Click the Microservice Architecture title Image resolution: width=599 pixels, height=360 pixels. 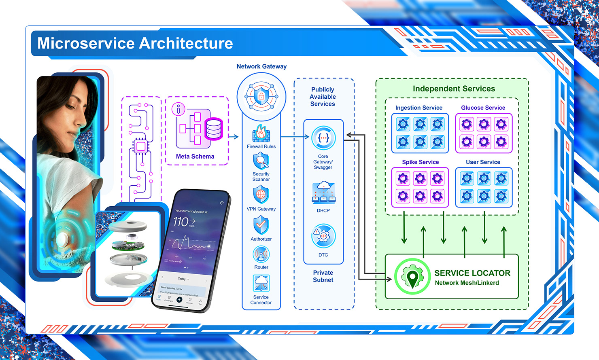[135, 43]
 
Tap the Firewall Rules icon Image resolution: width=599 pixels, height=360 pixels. [261, 133]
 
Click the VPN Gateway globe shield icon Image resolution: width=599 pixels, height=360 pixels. [261, 195]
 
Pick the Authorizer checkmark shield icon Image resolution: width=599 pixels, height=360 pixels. [261, 225]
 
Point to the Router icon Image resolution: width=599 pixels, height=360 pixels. [261, 254]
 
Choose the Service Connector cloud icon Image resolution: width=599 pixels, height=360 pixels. [261, 283]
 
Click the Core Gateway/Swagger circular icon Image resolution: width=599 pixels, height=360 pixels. [323, 138]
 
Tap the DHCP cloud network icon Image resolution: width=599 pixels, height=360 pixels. [323, 193]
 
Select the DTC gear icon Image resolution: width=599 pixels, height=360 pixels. [323, 236]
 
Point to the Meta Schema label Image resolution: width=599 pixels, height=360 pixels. [195, 157]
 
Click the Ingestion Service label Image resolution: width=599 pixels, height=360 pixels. [419, 108]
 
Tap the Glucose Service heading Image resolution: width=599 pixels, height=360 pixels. [483, 108]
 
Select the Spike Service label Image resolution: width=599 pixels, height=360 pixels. [420, 162]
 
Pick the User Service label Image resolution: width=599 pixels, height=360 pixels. [483, 162]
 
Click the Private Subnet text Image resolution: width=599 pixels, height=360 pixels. [323, 276]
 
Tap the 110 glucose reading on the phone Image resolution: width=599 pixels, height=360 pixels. [181, 222]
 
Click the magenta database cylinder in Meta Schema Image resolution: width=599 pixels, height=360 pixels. [213, 129]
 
